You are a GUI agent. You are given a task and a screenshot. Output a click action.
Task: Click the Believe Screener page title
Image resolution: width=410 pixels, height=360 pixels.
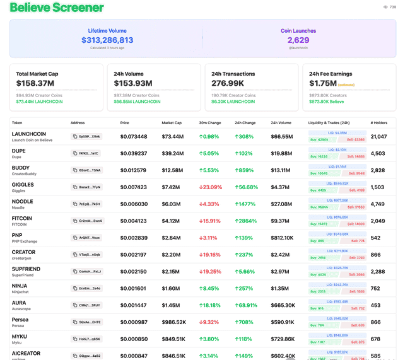[x=57, y=8]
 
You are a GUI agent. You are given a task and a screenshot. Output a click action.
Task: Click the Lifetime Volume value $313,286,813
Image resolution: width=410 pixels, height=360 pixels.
[x=107, y=40]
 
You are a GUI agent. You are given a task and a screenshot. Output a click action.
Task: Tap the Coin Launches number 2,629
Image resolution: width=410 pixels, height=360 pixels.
[x=298, y=40]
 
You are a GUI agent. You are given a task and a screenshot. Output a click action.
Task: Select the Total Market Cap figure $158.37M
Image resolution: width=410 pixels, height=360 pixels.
[x=35, y=83]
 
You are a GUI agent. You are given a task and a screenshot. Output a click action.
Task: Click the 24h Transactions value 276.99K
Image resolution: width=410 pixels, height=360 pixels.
[x=228, y=83]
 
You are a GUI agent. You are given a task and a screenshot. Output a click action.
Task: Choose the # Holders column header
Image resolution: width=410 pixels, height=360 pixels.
[x=379, y=123]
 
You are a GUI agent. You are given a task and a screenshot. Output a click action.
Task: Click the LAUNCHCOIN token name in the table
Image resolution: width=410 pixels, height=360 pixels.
[x=29, y=134]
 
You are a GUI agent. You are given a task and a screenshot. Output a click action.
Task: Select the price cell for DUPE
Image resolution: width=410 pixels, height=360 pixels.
[x=134, y=153]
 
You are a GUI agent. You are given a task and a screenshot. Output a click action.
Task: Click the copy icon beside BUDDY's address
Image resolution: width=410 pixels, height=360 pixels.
[x=75, y=170]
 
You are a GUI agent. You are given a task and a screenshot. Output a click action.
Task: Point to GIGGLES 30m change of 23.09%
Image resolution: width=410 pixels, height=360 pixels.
[x=211, y=187]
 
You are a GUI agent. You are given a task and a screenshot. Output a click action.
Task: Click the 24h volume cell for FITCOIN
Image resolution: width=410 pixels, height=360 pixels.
[x=281, y=221]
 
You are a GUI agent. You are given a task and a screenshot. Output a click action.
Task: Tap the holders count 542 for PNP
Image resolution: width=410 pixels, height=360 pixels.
[x=376, y=238]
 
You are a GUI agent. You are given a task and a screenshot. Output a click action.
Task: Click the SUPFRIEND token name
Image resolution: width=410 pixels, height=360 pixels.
[x=26, y=269]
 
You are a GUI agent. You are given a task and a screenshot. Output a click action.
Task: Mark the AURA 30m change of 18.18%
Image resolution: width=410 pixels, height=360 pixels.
[x=211, y=305]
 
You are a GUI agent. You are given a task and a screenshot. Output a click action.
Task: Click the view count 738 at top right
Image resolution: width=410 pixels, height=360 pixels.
[x=392, y=8]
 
